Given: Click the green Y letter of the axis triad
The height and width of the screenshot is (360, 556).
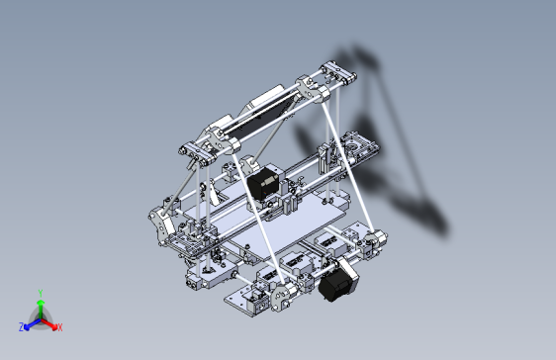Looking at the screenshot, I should pyautogui.click(x=40, y=293).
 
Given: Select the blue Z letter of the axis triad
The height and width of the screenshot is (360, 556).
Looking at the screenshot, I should pyautogui.click(x=21, y=326).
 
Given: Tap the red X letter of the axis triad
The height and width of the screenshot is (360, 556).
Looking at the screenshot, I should pyautogui.click(x=59, y=326).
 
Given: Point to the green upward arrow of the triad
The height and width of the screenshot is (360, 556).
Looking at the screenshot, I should pyautogui.click(x=40, y=306).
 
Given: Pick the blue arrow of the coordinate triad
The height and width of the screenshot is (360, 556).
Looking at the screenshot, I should pyautogui.click(x=31, y=321).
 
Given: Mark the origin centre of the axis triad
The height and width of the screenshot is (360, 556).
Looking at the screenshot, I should pyautogui.click(x=40, y=317).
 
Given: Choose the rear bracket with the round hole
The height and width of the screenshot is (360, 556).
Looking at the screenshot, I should pyautogui.click(x=356, y=148).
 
